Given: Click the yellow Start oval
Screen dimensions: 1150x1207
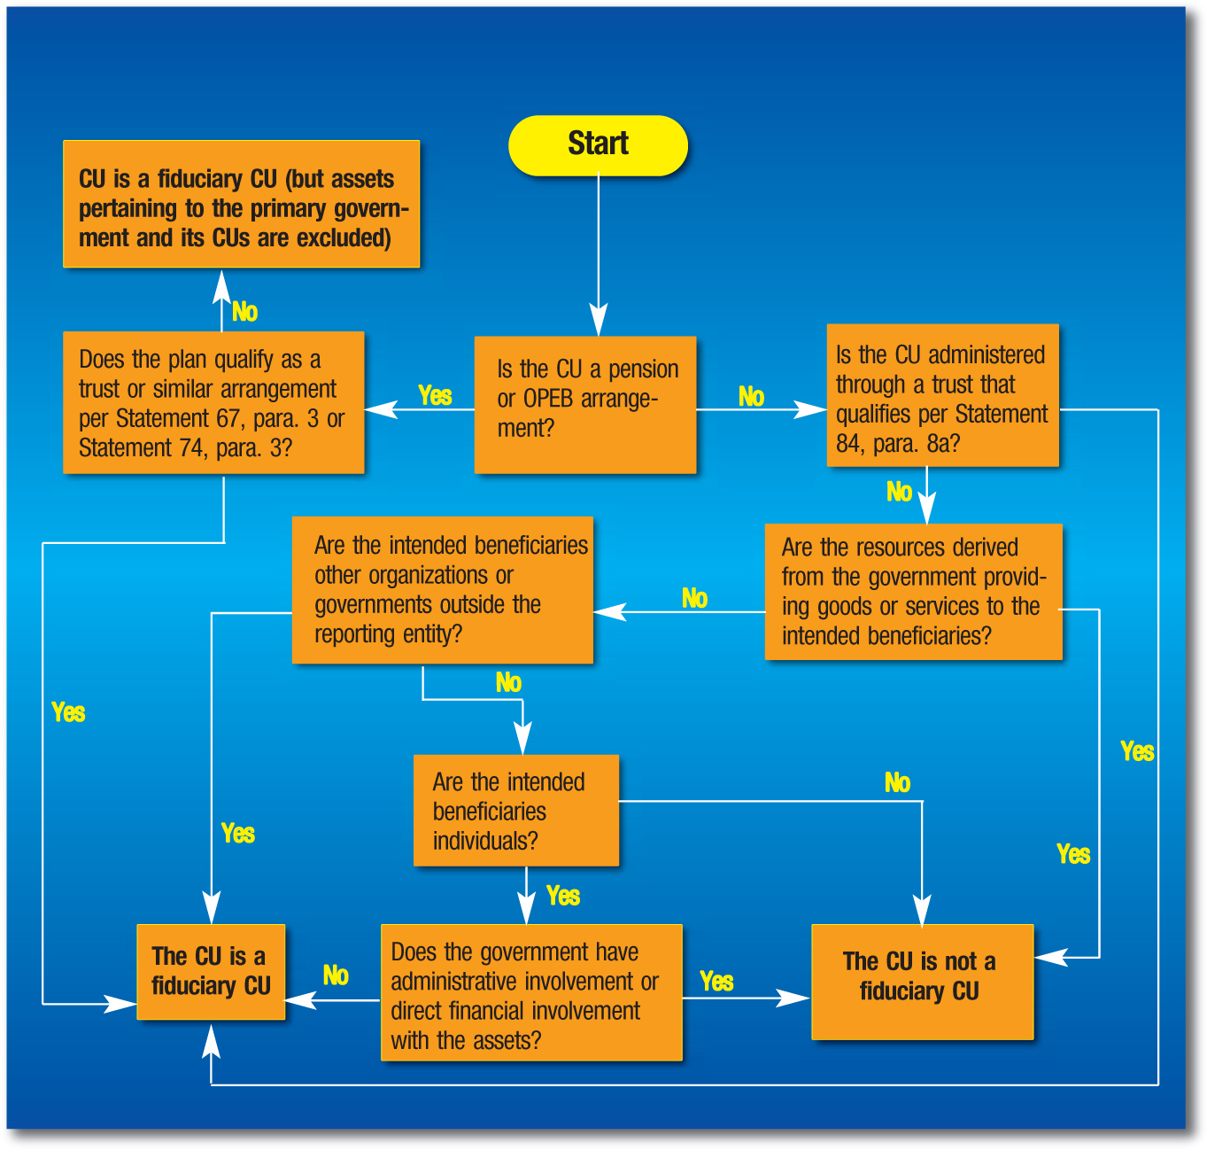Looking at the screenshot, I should click(598, 144).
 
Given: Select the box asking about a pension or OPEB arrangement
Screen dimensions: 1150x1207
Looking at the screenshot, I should click(585, 404).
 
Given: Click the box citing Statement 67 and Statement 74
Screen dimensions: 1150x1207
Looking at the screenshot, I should click(213, 402).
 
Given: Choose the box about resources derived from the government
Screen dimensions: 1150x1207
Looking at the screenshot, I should click(913, 591).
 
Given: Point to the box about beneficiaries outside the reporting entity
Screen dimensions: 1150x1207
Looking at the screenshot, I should click(442, 589).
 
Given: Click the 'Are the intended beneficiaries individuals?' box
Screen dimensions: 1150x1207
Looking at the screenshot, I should click(515, 810).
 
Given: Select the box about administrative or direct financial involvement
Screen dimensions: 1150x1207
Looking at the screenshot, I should click(530, 992).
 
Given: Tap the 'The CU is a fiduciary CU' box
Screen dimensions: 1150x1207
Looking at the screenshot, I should click(211, 971).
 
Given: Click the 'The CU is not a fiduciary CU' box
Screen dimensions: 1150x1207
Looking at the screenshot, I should click(922, 981).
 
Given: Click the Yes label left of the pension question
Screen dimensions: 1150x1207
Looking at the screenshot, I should click(435, 396).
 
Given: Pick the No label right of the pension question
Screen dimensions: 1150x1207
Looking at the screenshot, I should click(751, 397).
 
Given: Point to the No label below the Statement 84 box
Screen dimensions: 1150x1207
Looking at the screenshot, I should click(899, 492).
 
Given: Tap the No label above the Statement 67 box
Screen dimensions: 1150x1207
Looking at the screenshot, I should click(244, 312).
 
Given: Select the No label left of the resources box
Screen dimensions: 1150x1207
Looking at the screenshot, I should click(694, 599).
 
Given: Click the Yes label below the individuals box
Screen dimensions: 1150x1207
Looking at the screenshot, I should click(563, 896).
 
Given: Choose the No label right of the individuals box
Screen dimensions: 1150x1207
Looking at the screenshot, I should click(897, 782).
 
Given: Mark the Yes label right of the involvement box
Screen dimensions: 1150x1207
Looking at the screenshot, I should click(716, 982).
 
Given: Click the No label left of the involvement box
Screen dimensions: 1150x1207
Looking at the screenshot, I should click(336, 975).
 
